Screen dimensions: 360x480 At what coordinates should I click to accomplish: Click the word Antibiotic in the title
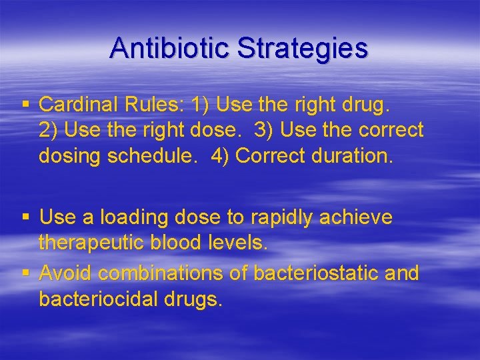tap(171, 48)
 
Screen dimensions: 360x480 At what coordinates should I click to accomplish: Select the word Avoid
tap(65, 273)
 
